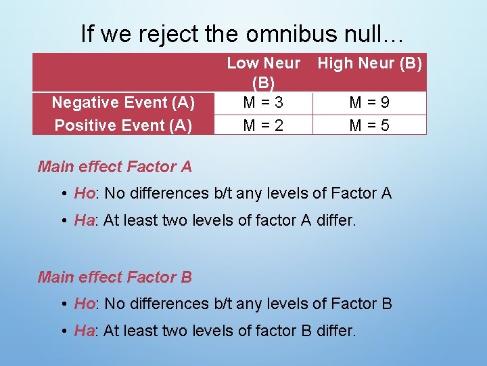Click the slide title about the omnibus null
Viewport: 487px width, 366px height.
click(x=243, y=33)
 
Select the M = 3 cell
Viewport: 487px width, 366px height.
click(x=263, y=102)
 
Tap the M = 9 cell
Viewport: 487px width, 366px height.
click(x=369, y=102)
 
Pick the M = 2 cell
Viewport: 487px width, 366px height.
click(x=263, y=125)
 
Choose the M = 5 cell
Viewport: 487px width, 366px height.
click(x=369, y=125)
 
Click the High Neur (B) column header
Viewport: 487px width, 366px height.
click(x=369, y=64)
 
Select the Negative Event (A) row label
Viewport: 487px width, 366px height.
click(x=123, y=102)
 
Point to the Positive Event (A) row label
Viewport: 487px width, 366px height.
click(x=123, y=125)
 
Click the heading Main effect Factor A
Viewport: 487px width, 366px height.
click(x=115, y=166)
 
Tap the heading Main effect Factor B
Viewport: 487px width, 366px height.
click(x=115, y=277)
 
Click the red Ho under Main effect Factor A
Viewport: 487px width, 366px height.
click(x=84, y=194)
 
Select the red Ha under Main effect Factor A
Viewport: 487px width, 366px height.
click(x=84, y=221)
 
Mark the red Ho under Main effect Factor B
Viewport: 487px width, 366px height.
click(x=84, y=304)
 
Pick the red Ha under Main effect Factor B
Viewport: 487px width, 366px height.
click(x=84, y=331)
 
